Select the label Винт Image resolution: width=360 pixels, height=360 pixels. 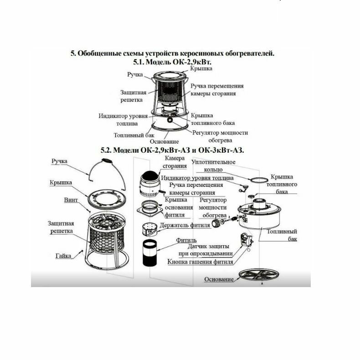coord(71,200)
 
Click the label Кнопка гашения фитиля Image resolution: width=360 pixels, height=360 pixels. coord(201,262)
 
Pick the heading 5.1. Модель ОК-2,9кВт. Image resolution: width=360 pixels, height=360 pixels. coord(172,61)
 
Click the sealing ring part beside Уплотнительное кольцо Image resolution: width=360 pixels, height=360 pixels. coord(258,179)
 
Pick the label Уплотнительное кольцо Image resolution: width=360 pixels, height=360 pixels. coord(214,165)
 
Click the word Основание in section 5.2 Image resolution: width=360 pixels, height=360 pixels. coord(219,279)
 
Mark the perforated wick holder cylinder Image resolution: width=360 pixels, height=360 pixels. coord(149,228)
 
